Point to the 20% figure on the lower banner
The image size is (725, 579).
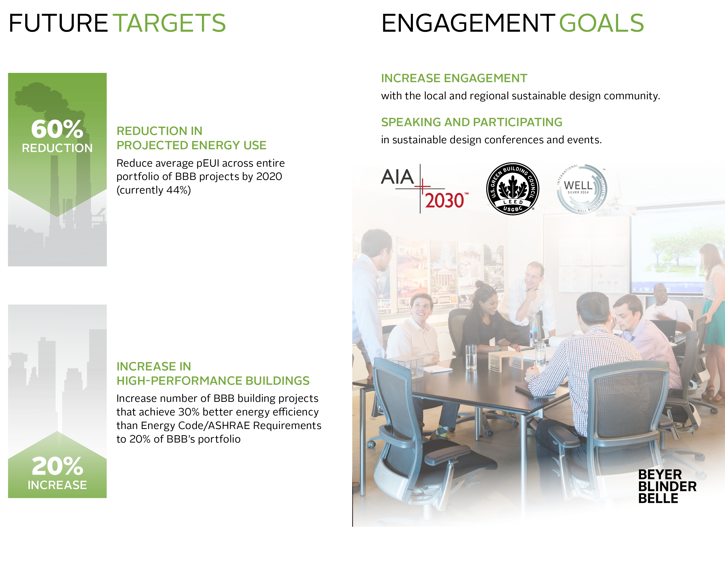57,466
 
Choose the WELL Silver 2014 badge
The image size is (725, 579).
581,188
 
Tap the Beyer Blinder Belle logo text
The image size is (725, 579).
667,486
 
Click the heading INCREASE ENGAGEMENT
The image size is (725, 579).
454,78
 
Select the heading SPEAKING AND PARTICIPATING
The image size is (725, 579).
472,122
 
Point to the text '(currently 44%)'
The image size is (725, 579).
154,190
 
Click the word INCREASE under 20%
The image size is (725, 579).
57,485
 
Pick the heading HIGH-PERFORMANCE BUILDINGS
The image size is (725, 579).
213,381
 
